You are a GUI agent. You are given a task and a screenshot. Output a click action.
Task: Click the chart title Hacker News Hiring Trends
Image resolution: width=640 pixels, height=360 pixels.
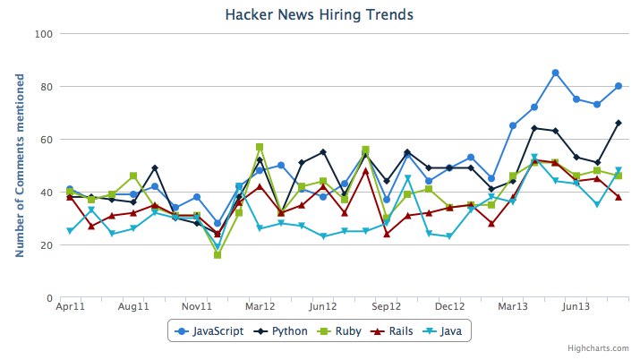(x=319, y=14)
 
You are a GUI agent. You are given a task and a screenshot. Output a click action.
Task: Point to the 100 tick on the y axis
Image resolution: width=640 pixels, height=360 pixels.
(x=45, y=34)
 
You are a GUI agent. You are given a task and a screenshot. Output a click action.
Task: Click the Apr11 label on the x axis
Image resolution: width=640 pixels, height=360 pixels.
(x=70, y=307)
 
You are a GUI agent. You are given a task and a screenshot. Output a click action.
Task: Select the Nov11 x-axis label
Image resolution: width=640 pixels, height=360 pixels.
(x=197, y=307)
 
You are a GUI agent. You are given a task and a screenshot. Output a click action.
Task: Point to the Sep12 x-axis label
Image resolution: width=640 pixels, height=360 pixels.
(x=386, y=307)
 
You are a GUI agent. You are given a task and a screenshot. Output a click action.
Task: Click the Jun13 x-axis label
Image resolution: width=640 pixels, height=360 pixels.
(x=576, y=307)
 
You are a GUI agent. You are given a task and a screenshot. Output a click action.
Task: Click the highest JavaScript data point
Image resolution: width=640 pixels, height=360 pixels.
(x=556, y=73)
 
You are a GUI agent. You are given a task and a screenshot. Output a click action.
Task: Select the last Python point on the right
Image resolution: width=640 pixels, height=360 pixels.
(x=619, y=123)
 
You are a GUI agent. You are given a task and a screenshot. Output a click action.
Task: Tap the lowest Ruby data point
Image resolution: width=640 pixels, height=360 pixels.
(x=218, y=255)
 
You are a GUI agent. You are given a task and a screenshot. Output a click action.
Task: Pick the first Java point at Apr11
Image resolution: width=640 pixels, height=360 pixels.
(x=70, y=231)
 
